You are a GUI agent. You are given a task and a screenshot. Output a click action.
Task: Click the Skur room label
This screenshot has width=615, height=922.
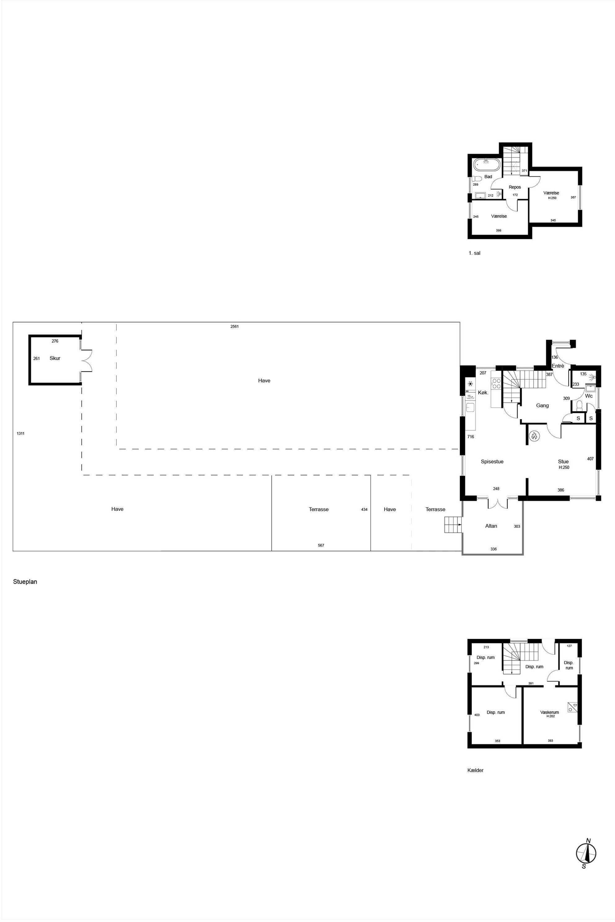pyautogui.click(x=55, y=358)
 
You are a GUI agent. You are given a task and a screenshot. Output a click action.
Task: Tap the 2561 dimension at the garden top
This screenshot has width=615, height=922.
pyautogui.click(x=235, y=326)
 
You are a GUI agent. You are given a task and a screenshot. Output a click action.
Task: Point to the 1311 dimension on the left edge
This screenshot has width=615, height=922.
pyautogui.click(x=20, y=433)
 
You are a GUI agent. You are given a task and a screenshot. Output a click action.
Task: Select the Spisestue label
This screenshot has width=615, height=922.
pyautogui.click(x=492, y=461)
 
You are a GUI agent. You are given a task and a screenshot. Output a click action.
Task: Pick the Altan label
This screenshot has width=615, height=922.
pyautogui.click(x=491, y=526)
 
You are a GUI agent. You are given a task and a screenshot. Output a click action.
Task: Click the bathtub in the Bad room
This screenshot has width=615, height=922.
pyautogui.click(x=486, y=165)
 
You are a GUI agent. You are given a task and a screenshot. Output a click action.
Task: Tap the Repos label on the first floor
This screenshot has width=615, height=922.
pyautogui.click(x=515, y=187)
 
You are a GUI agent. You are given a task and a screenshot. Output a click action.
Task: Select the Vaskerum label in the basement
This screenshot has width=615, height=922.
pyautogui.click(x=550, y=712)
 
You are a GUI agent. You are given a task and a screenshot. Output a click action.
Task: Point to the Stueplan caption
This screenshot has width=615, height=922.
pyautogui.click(x=25, y=582)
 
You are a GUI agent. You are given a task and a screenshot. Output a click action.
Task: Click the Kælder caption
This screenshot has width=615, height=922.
pyautogui.click(x=476, y=770)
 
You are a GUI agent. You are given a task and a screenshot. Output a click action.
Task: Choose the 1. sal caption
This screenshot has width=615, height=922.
pyautogui.click(x=475, y=253)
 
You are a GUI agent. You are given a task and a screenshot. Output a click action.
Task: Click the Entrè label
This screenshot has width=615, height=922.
pyautogui.click(x=558, y=366)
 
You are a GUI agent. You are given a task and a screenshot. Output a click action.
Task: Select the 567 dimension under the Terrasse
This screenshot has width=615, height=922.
pyautogui.click(x=321, y=545)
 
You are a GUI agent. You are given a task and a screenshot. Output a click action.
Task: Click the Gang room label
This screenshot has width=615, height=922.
pyautogui.click(x=542, y=405)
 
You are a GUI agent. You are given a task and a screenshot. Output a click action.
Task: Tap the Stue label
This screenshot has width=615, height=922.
pyautogui.click(x=563, y=461)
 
